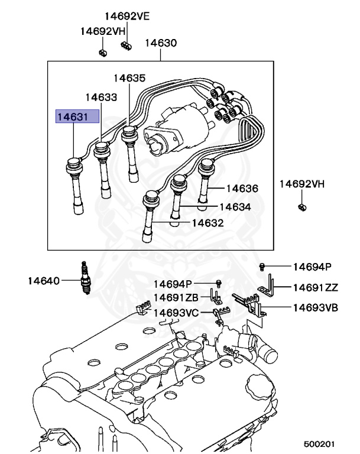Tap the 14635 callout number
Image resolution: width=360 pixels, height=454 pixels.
point(129,77)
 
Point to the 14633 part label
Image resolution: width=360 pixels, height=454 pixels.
point(100,96)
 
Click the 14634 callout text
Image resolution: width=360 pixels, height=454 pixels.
point(235,207)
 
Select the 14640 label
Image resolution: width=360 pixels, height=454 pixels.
point(43,280)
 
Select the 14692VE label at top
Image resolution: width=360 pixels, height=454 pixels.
point(128,16)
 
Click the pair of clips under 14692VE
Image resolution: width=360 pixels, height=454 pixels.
point(125,46)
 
